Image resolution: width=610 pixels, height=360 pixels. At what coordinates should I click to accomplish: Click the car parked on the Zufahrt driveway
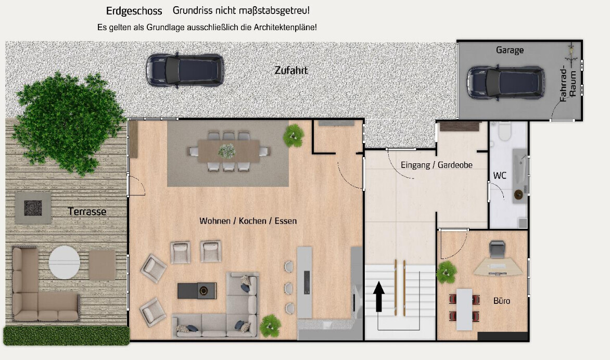[x=185, y=69]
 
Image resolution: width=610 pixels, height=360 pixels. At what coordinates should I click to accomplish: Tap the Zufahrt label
[x=291, y=70]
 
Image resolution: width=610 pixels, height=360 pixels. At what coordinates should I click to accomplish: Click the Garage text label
[x=510, y=50]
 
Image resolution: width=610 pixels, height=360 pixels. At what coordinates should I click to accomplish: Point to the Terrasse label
[x=87, y=211]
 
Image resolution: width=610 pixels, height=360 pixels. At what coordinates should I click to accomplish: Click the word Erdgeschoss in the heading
[x=134, y=11]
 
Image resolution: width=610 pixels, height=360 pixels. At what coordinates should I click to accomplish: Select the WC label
[x=500, y=175]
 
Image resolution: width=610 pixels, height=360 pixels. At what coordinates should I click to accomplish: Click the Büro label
[x=502, y=301]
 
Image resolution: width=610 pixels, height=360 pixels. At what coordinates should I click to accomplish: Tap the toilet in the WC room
[x=504, y=132]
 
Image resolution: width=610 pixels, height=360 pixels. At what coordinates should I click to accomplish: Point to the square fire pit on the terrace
[x=33, y=208]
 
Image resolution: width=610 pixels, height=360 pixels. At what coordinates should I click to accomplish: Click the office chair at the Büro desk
[x=497, y=249]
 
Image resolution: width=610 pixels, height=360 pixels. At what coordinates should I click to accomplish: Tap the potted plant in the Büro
[x=446, y=272]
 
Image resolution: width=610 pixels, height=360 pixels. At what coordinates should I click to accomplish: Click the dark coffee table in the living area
[x=197, y=290]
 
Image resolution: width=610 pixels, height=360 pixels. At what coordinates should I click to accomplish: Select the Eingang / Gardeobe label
[x=436, y=165]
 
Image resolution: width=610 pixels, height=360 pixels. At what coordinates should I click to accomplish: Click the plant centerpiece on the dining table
[x=226, y=151]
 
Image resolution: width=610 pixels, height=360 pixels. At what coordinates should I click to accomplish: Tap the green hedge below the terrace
[x=66, y=336]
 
